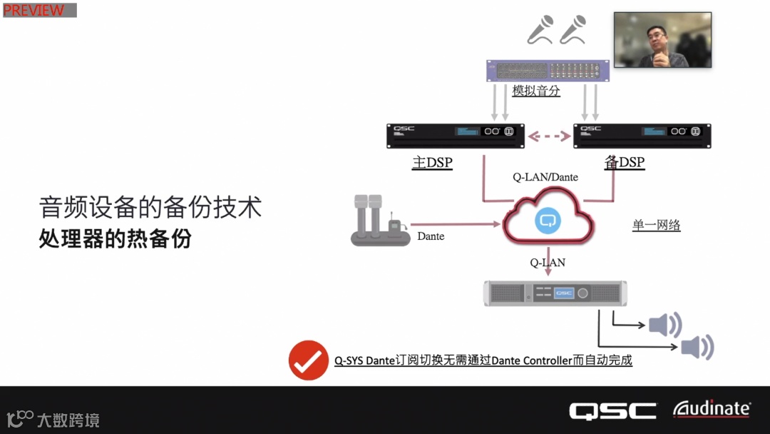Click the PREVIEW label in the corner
(34, 10)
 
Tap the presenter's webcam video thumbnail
(662, 40)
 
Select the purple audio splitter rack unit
(548, 71)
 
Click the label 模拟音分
(536, 91)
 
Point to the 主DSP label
(432, 163)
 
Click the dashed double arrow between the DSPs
(549, 134)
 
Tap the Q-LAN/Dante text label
(545, 177)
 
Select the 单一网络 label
(656, 226)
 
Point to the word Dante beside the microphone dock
(431, 236)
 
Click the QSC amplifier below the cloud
(555, 293)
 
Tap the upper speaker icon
(664, 325)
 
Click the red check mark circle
(308, 360)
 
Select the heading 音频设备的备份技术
(150, 207)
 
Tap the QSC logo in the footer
(612, 410)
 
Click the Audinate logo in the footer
(712, 409)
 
